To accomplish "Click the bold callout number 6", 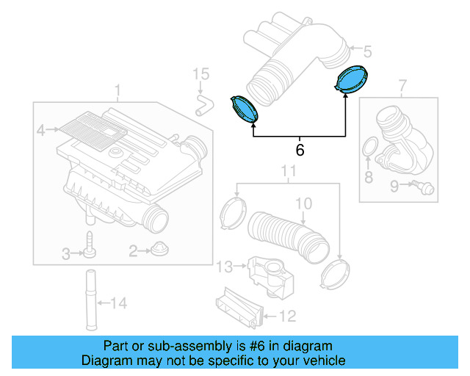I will [x=299, y=150].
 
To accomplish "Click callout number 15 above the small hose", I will [x=201, y=74].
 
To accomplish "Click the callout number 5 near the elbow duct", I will [x=368, y=51].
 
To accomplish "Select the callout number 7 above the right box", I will [x=402, y=87].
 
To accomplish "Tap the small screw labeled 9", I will [x=423, y=188].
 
